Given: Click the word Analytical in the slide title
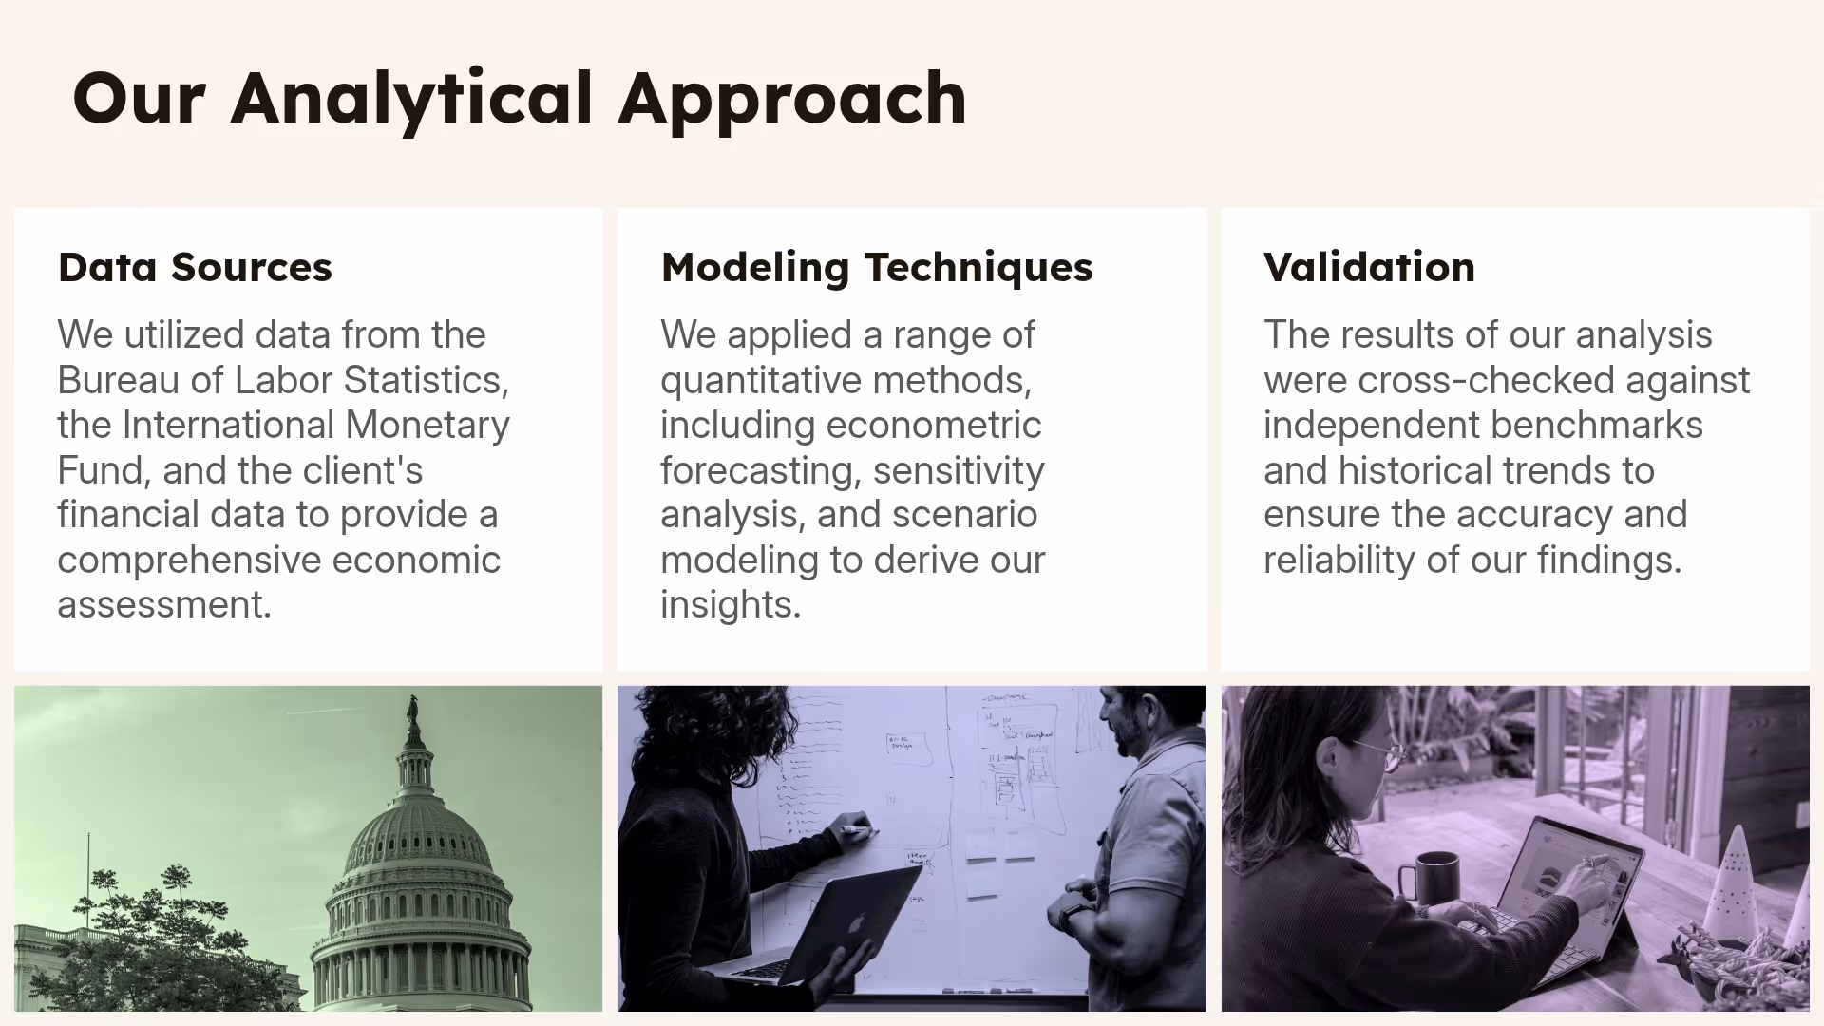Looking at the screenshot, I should (411, 99).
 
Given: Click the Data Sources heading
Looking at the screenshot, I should (195, 267).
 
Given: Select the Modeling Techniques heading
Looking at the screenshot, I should (876, 267).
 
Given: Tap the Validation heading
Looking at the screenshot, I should (1369, 267).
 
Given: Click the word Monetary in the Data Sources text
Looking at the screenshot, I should (427, 425).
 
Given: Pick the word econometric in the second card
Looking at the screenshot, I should (933, 425).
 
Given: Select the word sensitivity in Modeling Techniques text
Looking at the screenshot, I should (958, 470).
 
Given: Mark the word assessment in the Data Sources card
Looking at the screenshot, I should (163, 605).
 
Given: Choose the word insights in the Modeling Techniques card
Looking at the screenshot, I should (730, 605).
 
